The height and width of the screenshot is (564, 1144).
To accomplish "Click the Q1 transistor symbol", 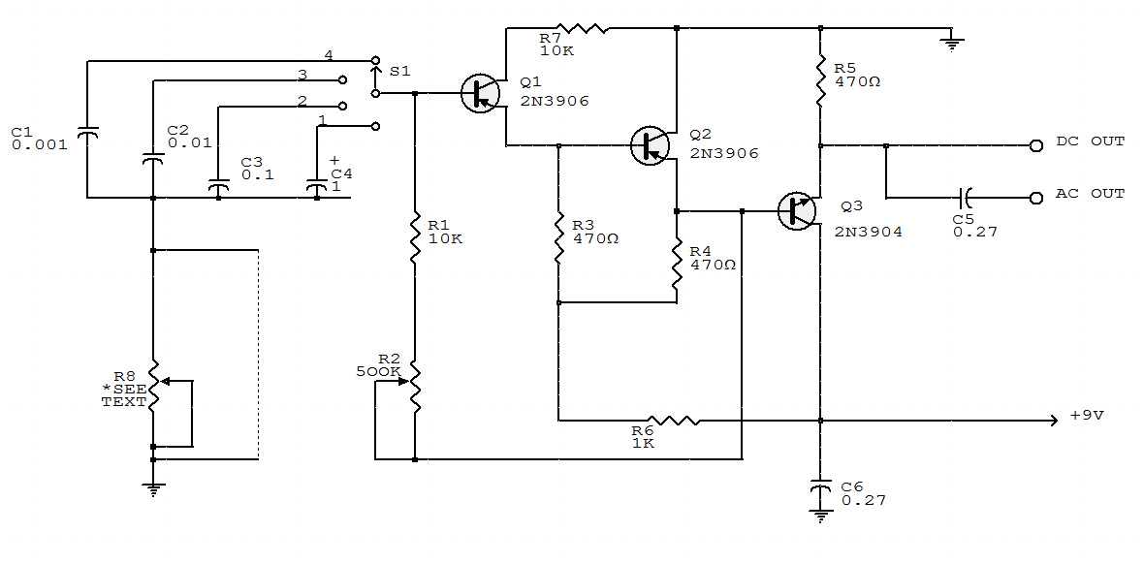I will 480,94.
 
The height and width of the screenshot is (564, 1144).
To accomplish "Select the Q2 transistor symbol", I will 650,144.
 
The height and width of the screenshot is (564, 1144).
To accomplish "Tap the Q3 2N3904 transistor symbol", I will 797,210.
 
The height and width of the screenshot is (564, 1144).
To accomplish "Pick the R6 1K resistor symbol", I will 673,421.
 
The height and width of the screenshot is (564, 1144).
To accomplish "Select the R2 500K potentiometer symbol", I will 415,382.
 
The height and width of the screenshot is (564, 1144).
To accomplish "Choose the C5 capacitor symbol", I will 964,199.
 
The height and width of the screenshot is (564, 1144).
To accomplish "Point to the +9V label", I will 1087,415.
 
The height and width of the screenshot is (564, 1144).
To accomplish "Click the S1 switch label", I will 399,71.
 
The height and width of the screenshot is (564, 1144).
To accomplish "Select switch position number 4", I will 329,54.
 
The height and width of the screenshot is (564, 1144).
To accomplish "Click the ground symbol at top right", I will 952,40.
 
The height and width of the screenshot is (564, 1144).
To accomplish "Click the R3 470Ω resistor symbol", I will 558,237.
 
